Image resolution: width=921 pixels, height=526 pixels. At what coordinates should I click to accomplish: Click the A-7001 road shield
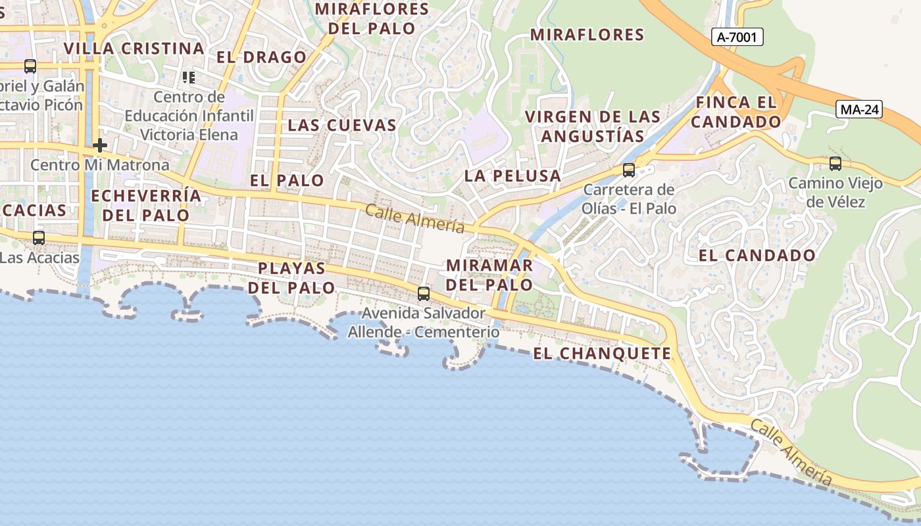click(x=737, y=37)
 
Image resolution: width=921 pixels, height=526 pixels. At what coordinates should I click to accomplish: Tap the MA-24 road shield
click(x=859, y=110)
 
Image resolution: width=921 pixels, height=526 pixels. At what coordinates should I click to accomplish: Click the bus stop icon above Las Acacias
click(x=39, y=238)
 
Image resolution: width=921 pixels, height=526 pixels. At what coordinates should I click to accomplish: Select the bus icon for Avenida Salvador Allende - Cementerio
click(x=424, y=294)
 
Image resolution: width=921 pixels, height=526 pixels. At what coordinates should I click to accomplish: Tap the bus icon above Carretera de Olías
click(x=629, y=170)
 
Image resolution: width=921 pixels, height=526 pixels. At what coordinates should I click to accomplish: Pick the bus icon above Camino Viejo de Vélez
click(x=835, y=164)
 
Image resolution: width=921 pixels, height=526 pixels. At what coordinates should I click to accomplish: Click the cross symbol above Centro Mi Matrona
click(x=100, y=145)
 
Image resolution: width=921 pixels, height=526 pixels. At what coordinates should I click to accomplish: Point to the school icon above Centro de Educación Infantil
click(x=189, y=78)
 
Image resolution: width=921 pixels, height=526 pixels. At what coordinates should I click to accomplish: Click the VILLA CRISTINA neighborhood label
click(x=134, y=49)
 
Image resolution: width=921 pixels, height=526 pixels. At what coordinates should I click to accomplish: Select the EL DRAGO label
click(x=262, y=57)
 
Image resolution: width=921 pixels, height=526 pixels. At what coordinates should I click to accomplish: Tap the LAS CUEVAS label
click(x=342, y=125)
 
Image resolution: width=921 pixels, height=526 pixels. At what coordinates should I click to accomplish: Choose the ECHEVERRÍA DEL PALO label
click(x=146, y=205)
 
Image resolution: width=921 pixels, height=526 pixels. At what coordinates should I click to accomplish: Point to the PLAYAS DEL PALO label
click(x=291, y=277)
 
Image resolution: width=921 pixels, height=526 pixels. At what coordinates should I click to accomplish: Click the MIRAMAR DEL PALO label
click(x=489, y=275)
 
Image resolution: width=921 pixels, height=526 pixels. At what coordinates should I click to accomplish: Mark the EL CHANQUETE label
click(x=602, y=354)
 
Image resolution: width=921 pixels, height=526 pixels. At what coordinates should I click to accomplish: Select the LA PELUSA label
click(x=512, y=176)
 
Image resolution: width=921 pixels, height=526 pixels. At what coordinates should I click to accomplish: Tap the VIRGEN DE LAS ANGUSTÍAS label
click(x=592, y=126)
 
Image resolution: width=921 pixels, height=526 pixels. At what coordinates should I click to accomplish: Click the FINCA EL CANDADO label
click(x=736, y=112)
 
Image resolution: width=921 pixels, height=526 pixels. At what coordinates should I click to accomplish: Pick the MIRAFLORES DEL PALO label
click(x=372, y=18)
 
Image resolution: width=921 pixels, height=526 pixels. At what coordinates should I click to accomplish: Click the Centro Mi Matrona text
click(x=100, y=164)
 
